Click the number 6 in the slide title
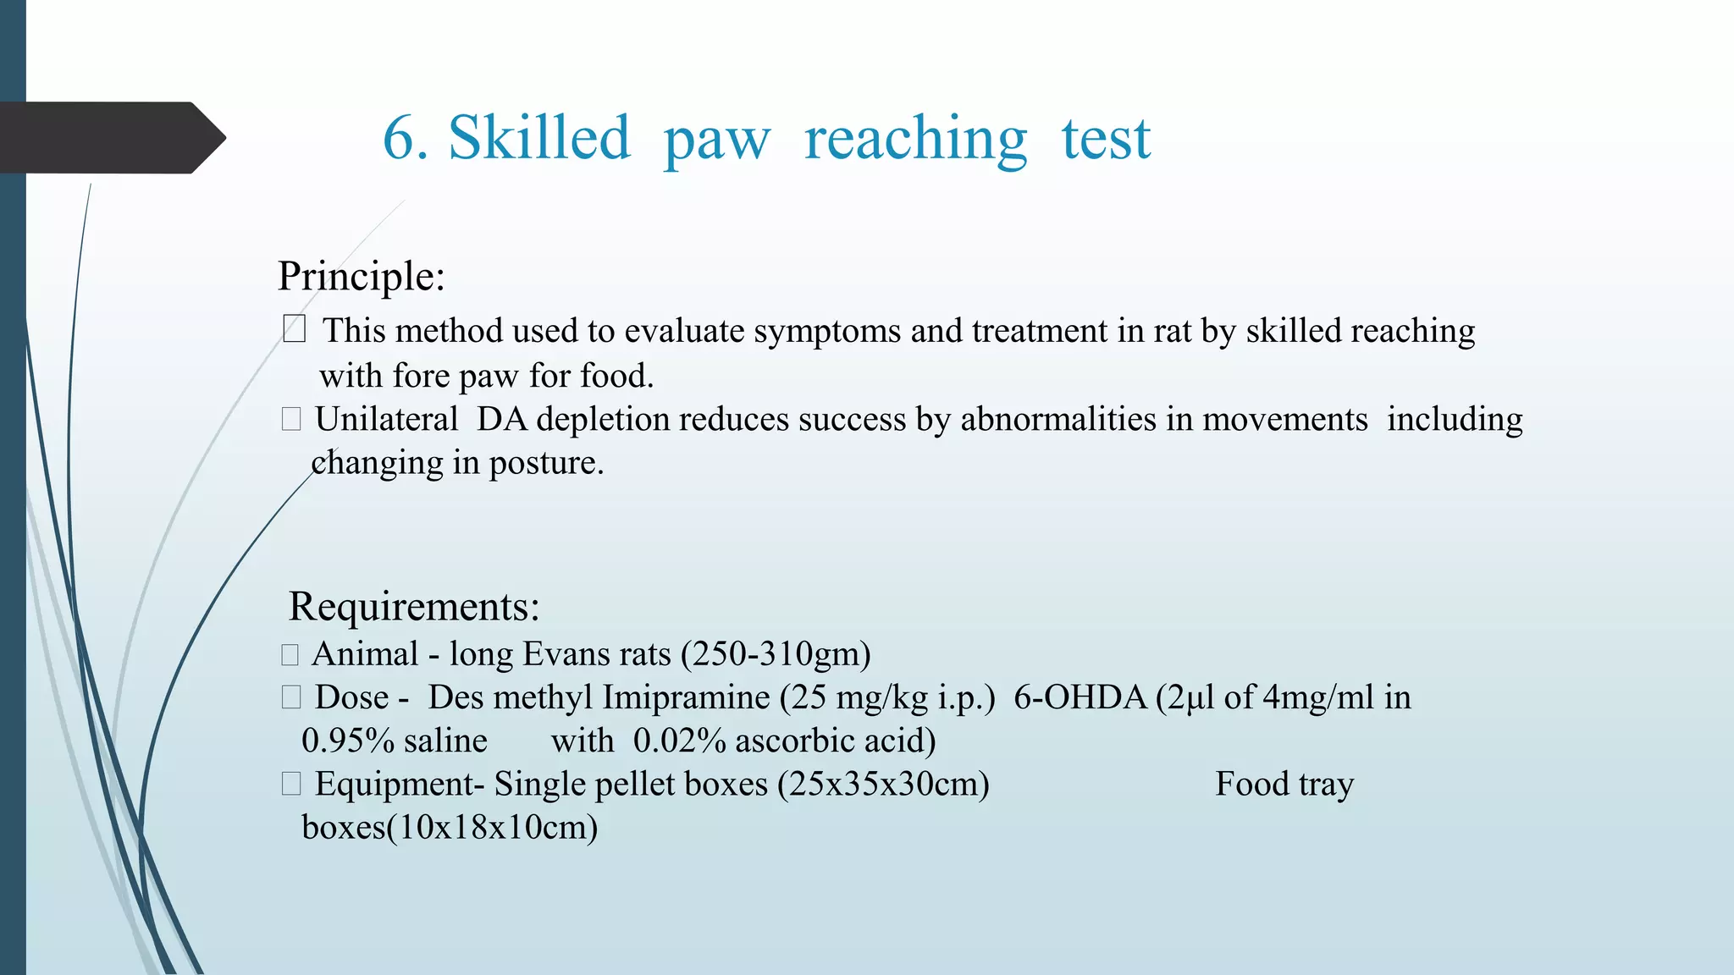[x=398, y=138]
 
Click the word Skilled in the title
[x=539, y=138]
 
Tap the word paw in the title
[x=716, y=140]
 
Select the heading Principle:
[x=362, y=277]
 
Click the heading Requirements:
[x=414, y=607]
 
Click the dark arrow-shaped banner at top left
[x=110, y=138]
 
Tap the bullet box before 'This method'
[x=294, y=328]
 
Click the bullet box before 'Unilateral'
[x=291, y=419]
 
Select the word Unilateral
[x=386, y=420]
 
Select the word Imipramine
[x=686, y=698]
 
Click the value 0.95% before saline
[x=348, y=741]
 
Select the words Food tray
[x=1284, y=785]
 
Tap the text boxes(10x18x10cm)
[x=450, y=828]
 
